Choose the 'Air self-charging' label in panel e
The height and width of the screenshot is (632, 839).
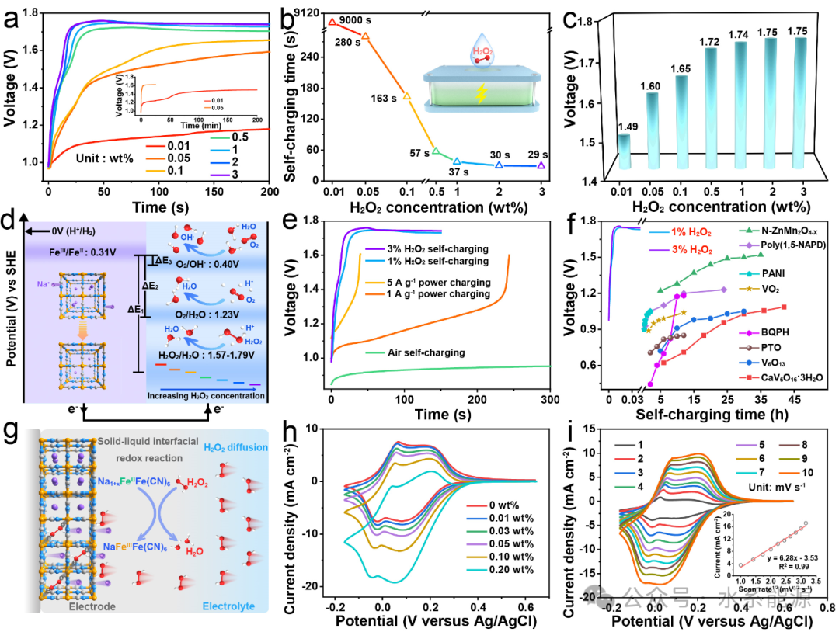pyautogui.click(x=415, y=352)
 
